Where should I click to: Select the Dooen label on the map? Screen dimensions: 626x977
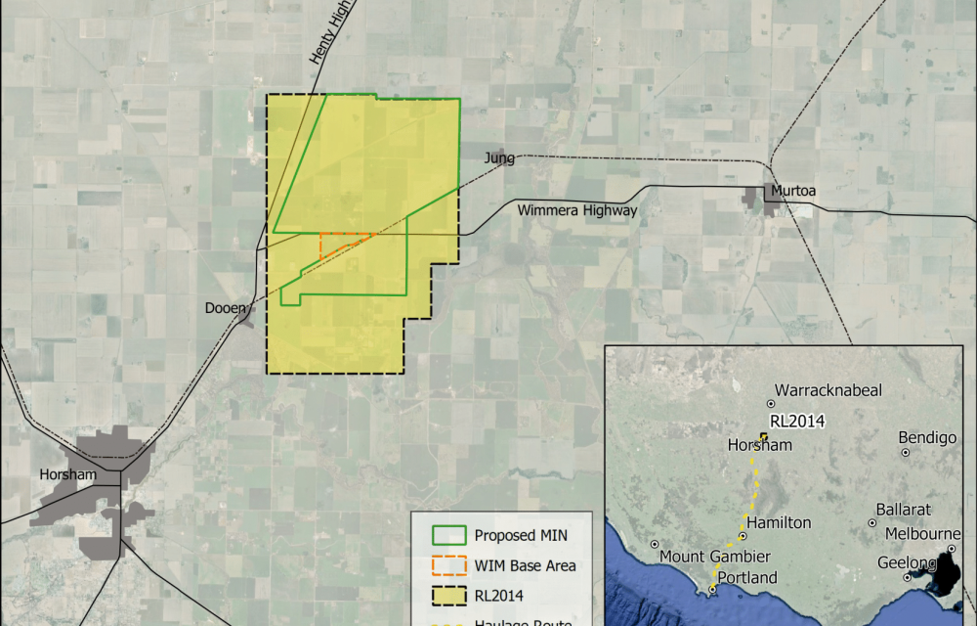click(x=224, y=307)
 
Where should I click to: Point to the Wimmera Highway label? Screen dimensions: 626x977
click(x=577, y=210)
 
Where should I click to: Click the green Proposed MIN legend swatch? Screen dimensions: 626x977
click(x=447, y=536)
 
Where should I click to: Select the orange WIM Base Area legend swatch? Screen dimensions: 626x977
click(x=447, y=565)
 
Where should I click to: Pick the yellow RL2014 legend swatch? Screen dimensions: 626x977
click(x=447, y=596)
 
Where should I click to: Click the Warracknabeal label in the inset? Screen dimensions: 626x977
click(x=828, y=390)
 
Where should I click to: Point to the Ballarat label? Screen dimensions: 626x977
click(x=903, y=510)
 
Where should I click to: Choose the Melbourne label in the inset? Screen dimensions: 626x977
click(x=921, y=533)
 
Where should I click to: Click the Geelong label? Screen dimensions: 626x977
click(x=906, y=562)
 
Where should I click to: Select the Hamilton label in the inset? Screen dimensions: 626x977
click(x=779, y=522)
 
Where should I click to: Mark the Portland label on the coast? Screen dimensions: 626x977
click(x=747, y=577)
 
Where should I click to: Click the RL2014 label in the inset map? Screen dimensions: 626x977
click(x=798, y=422)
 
